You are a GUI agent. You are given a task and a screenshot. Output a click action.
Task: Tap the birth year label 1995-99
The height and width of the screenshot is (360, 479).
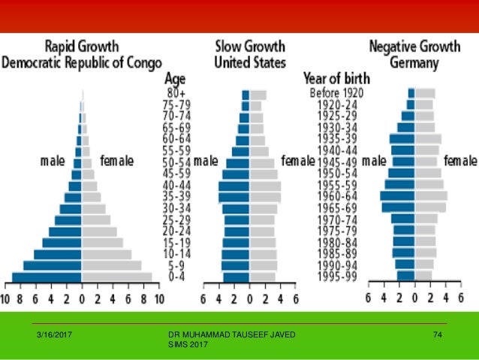pos(338,277)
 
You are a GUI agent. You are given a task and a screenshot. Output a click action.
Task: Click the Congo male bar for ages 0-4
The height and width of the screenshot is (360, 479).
pos(47,277)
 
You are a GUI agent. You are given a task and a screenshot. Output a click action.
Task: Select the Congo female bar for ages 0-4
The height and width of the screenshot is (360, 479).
pos(117,277)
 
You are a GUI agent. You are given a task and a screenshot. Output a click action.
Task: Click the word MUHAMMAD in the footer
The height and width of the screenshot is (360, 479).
pos(208,332)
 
